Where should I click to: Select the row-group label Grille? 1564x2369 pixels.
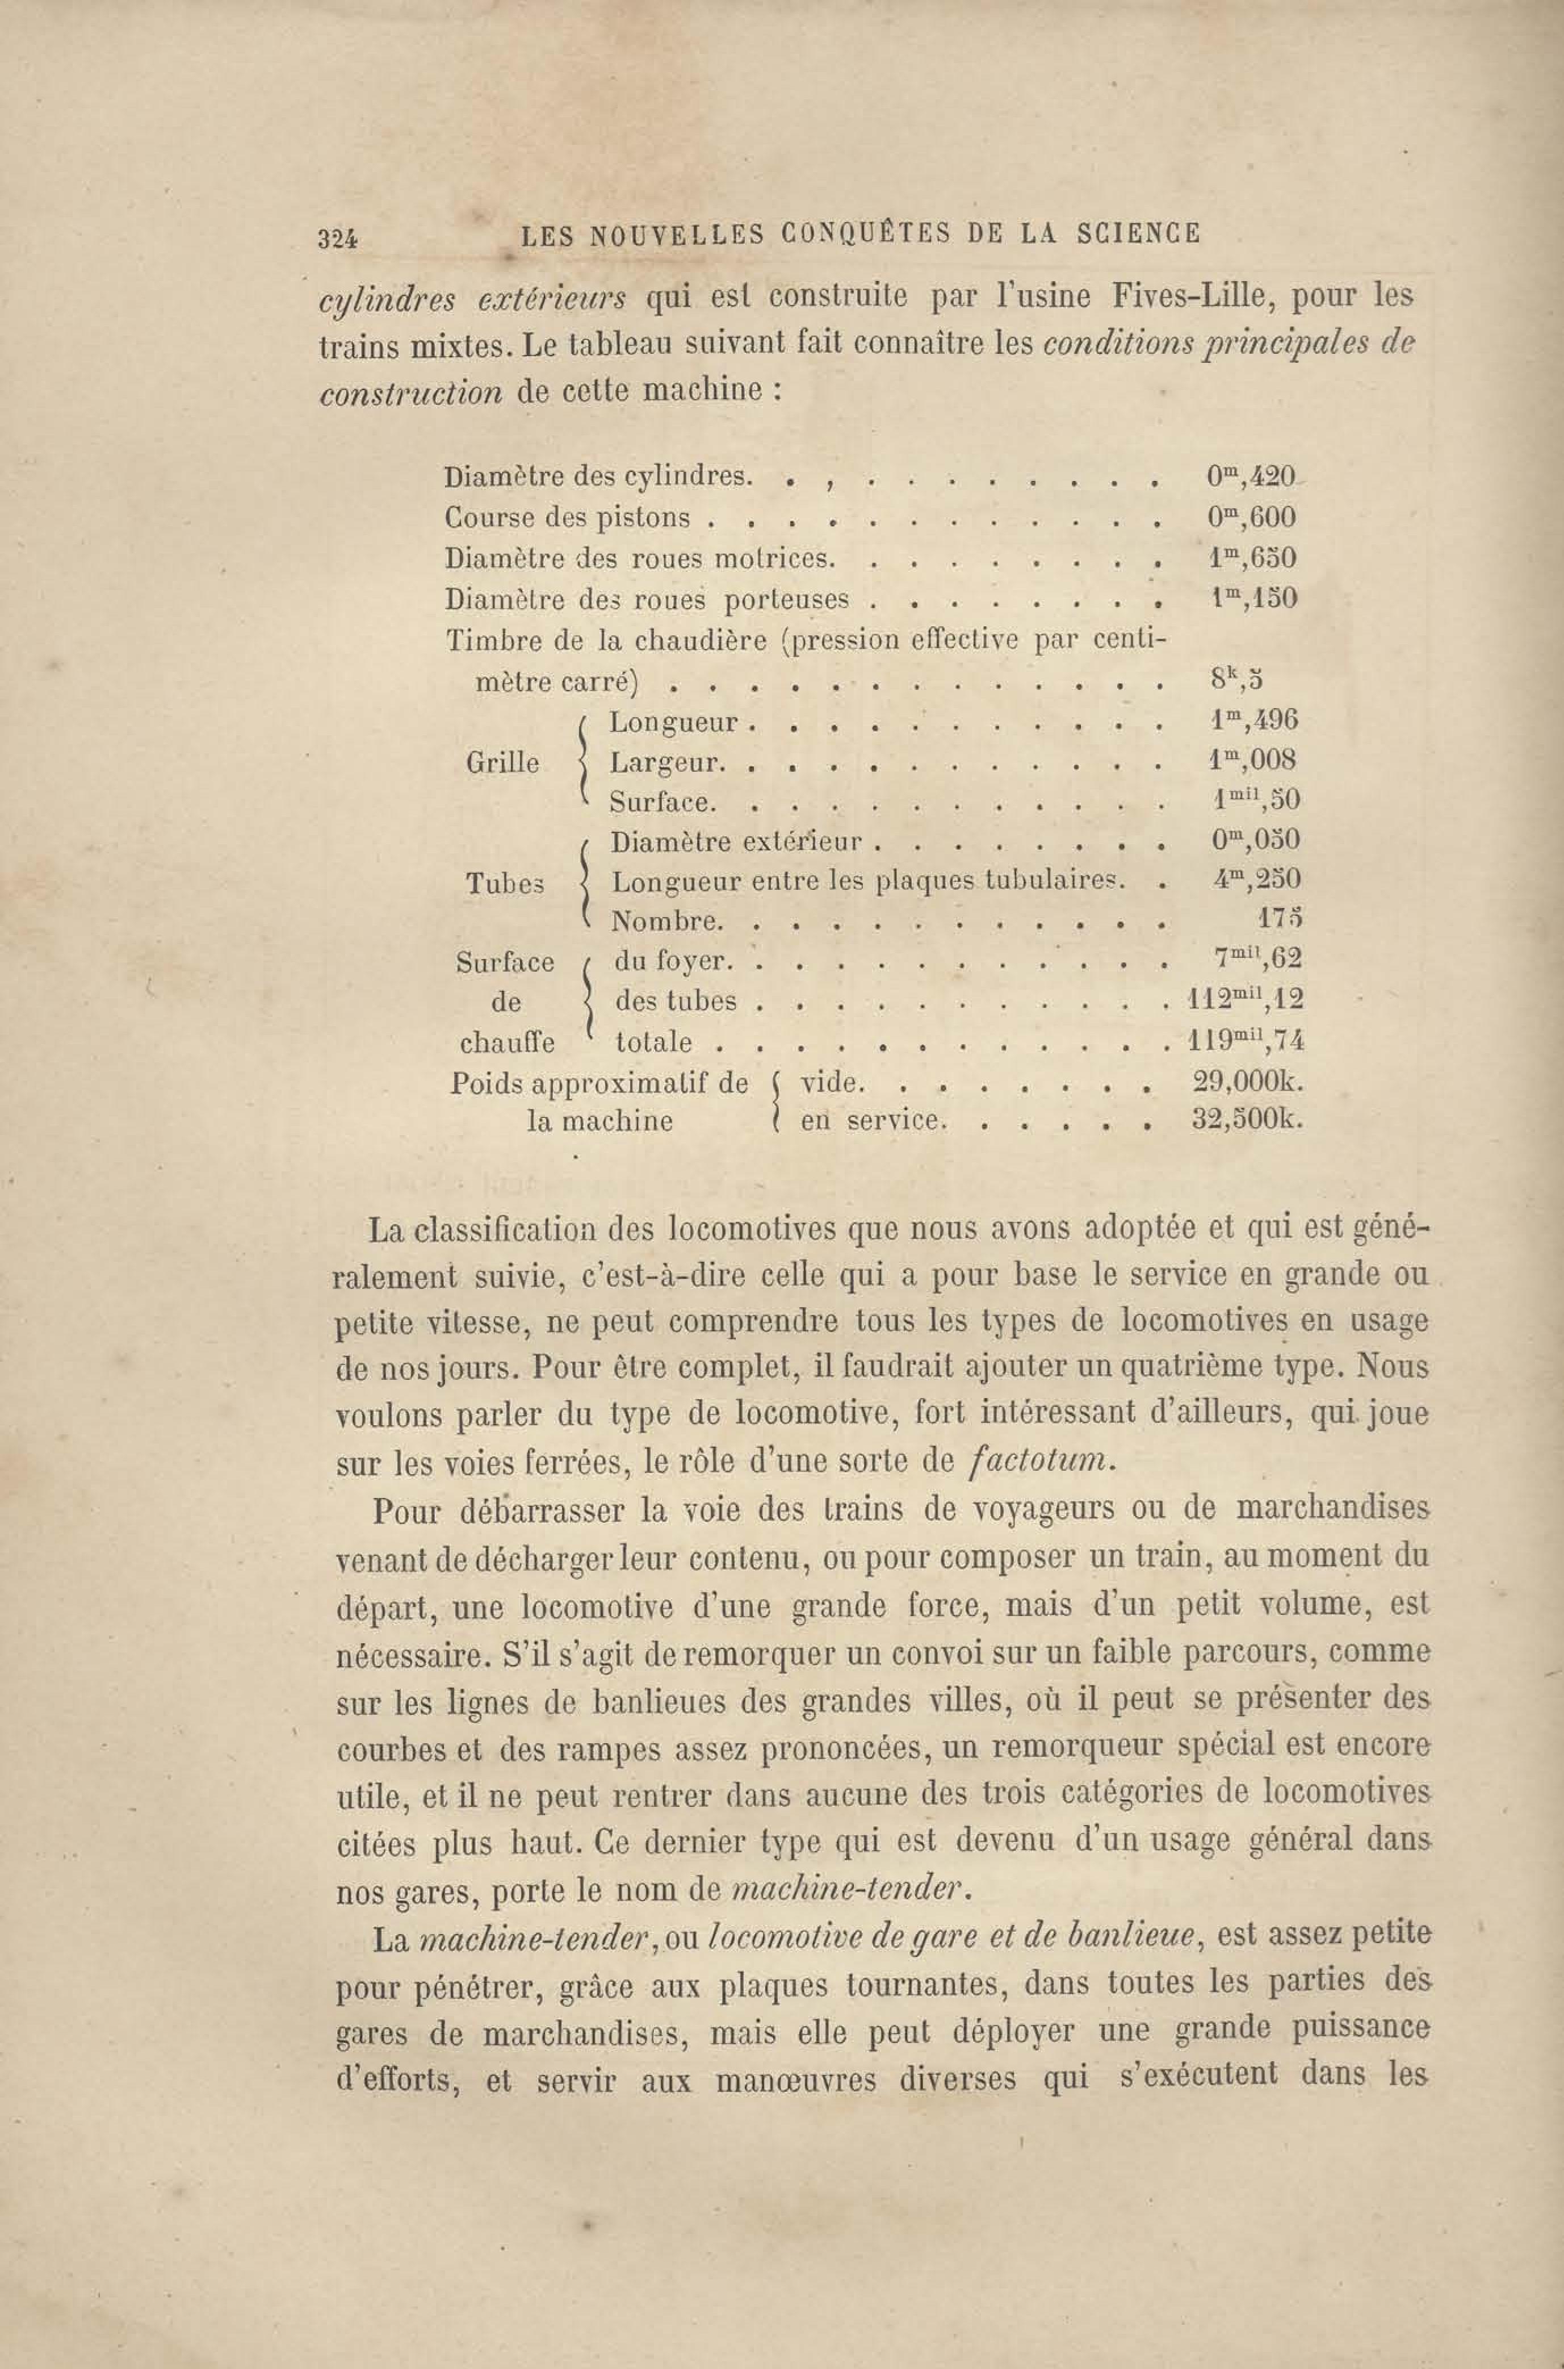[503, 763]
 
